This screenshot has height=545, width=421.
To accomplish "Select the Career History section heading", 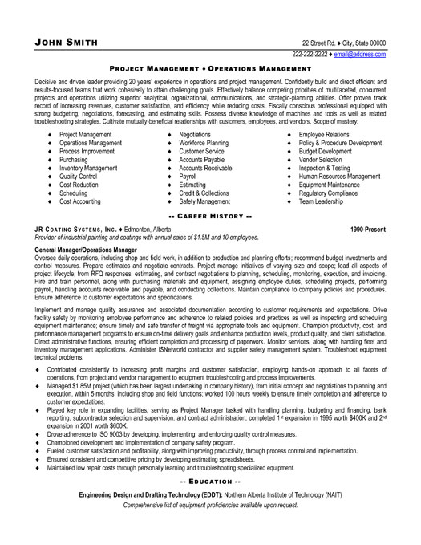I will click(x=210, y=218).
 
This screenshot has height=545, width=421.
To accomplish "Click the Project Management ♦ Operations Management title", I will click(x=210, y=70).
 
